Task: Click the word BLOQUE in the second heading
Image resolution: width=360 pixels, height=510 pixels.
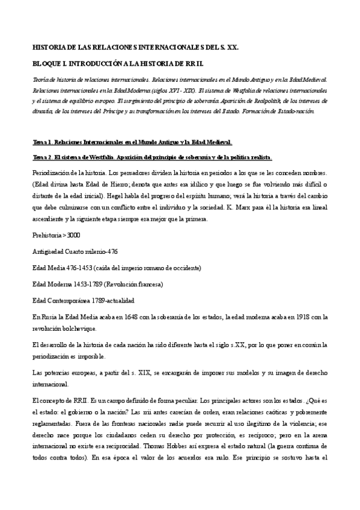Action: [x=45, y=63]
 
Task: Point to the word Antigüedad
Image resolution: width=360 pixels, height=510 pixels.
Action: [x=50, y=251]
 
